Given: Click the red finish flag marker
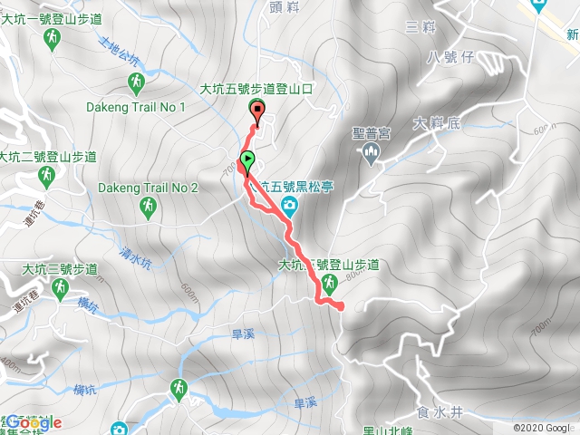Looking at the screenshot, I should coord(257,113).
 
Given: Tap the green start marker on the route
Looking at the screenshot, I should coord(246,163).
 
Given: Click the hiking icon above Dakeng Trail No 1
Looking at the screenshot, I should coord(135,83).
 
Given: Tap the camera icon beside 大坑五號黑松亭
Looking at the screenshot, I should coord(288,206).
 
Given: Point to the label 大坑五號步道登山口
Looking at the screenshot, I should coord(256,90).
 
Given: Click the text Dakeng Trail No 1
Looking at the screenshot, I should coord(136,107).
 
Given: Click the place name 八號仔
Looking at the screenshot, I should coord(449,57).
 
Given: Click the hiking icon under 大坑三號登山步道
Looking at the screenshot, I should coord(61,288).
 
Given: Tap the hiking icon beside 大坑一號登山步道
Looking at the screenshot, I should coord(53,37).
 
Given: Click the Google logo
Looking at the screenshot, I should coord(34,422).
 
